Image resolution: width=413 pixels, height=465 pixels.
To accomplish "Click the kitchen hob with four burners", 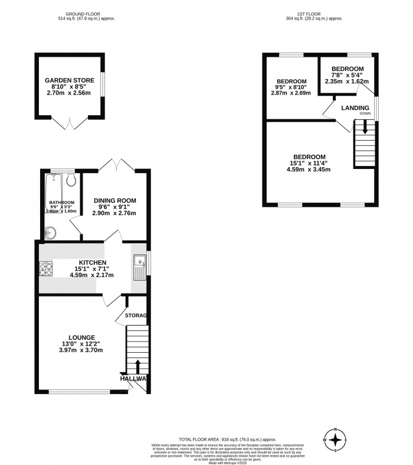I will [46, 269].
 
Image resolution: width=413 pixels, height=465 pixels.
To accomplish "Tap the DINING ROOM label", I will [114, 200].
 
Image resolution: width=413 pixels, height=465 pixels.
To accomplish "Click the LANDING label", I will [355, 108].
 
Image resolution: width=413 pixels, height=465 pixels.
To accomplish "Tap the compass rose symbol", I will [336, 440].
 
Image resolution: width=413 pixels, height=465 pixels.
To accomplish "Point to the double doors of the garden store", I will [68, 123].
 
